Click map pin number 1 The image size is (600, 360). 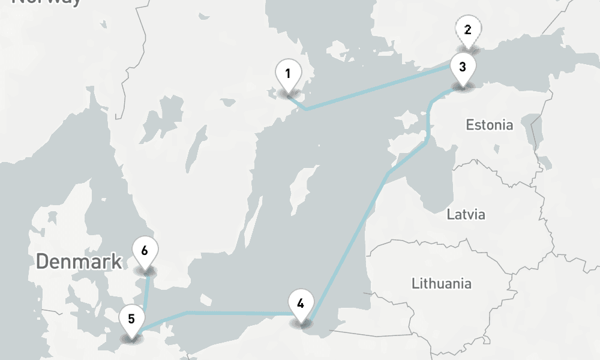pos(288,75)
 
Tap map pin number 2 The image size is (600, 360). pos(468,30)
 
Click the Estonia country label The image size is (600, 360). pos(490,125)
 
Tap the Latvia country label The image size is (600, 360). pos(466,214)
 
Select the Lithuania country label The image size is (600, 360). pos(442,283)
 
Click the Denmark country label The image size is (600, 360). pos(79,262)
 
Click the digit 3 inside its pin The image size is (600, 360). pos(462,67)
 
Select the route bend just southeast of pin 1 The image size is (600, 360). pos(307,109)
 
